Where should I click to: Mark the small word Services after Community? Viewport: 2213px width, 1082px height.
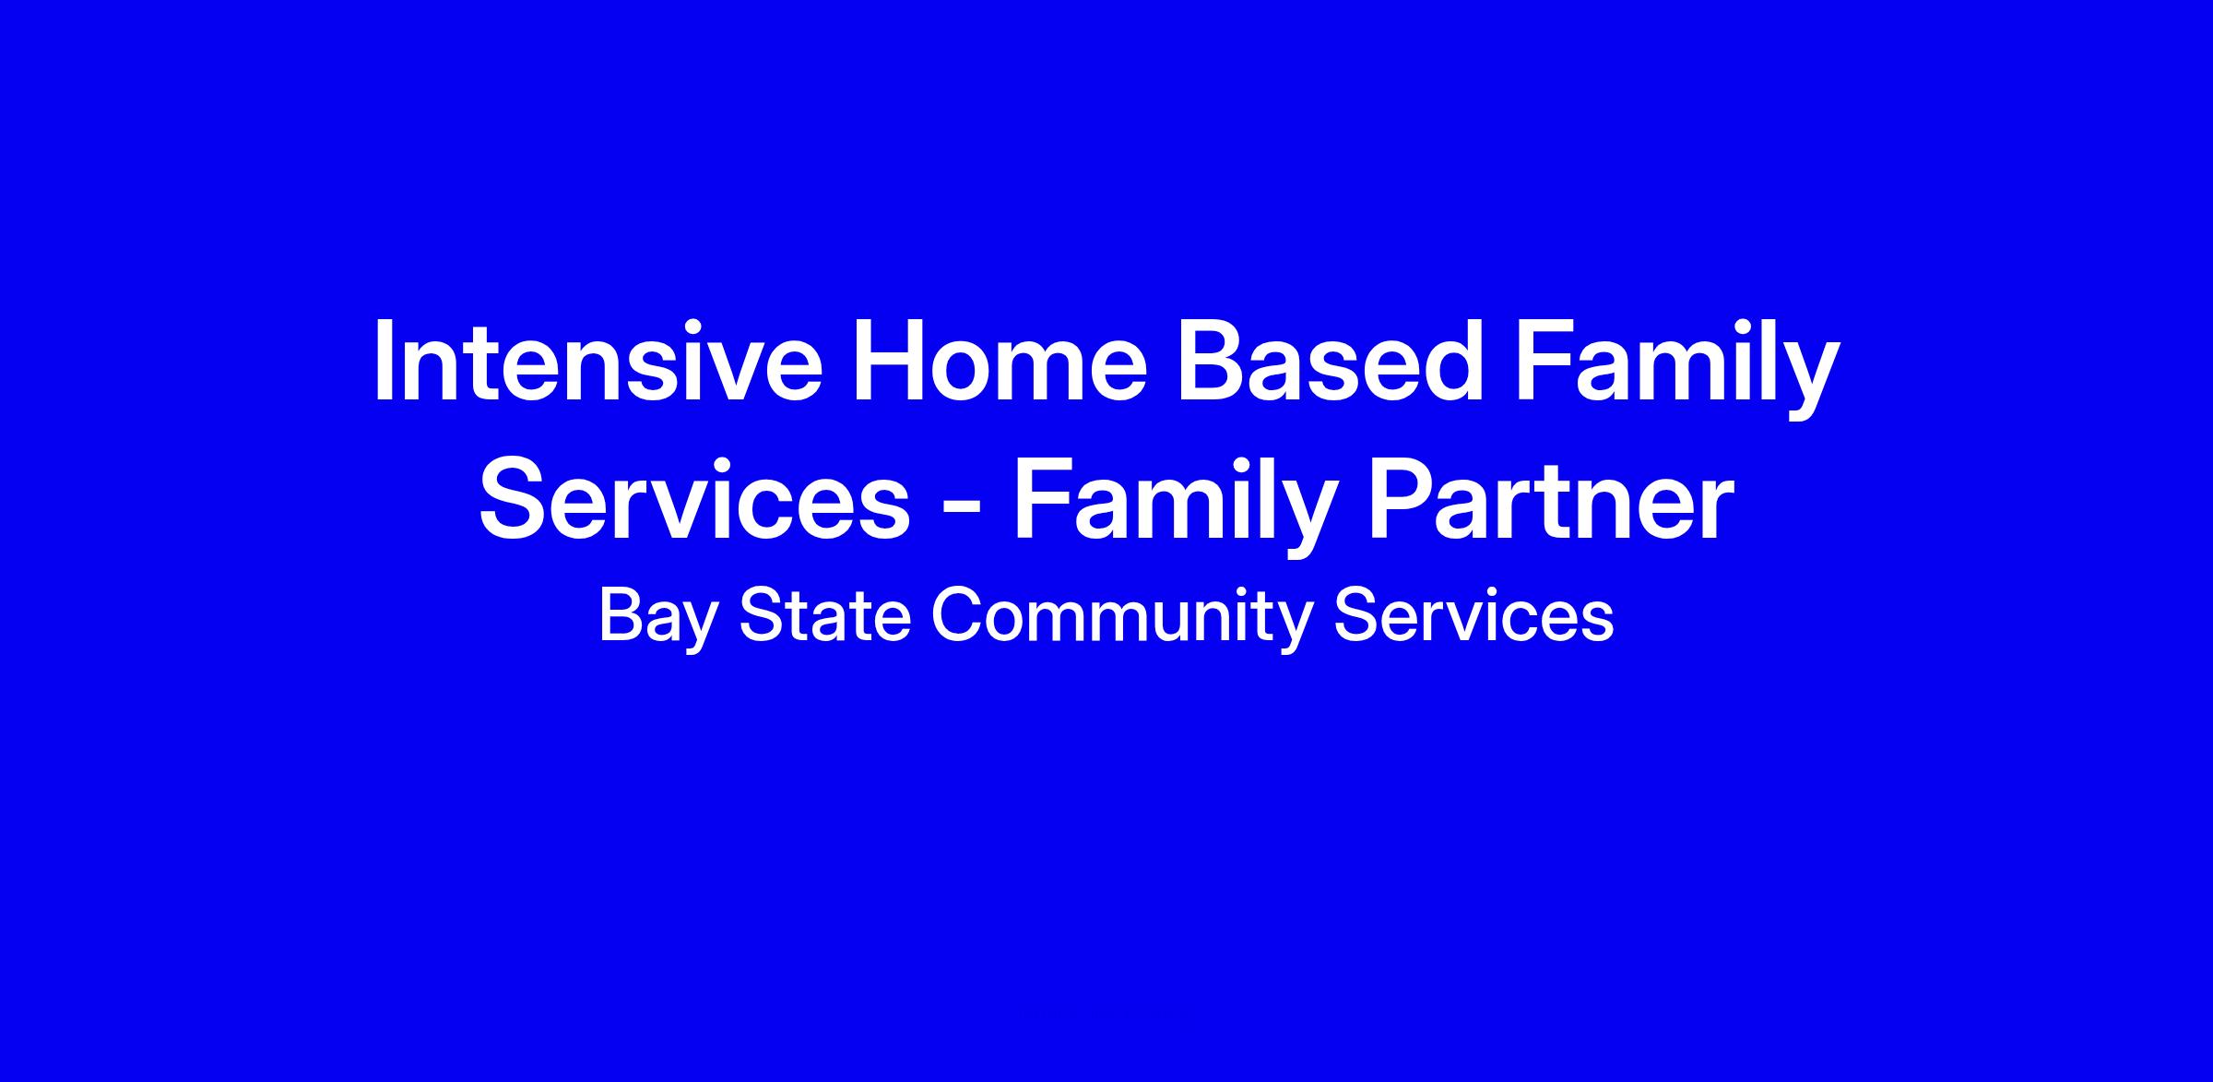coord(1473,615)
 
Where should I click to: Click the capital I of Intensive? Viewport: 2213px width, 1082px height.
coord(383,362)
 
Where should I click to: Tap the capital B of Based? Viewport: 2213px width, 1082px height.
coord(1214,362)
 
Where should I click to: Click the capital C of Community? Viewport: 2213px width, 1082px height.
coord(957,615)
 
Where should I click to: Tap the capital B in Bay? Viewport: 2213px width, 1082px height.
coord(620,615)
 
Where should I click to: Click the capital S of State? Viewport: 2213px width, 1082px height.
coord(762,615)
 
